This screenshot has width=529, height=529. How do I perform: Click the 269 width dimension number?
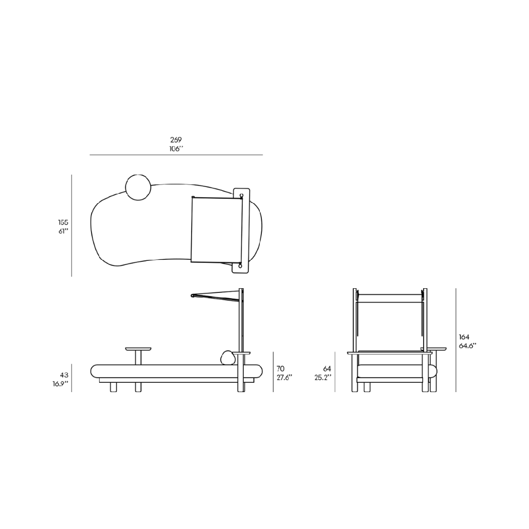176,139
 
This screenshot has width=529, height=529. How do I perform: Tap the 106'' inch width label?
176,148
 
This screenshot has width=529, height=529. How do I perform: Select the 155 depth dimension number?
63,222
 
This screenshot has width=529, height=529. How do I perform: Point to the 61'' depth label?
63,231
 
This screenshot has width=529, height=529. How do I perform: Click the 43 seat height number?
64,375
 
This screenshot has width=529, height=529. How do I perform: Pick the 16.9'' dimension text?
60,384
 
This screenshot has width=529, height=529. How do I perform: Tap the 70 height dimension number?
281,369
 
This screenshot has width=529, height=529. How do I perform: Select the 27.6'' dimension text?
285,378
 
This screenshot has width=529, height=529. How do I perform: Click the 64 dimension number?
327,369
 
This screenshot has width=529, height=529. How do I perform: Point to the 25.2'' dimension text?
323,378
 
